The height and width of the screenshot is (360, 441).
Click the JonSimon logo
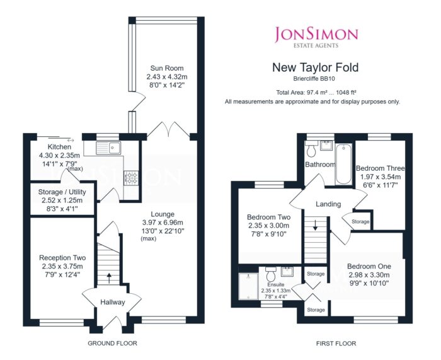pos(316,37)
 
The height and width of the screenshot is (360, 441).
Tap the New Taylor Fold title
pos(315,67)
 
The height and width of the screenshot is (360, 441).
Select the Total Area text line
pos(316,92)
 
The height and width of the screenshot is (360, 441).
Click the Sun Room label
pos(167,68)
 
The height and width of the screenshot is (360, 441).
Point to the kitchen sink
pos(108,148)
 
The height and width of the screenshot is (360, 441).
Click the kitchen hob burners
pos(131,178)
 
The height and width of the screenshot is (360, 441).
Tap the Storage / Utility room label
pos(62,192)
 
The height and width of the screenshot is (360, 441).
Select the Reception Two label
pos(62,258)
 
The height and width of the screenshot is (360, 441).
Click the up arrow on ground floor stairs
pos(109,278)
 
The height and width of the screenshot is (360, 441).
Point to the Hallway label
pos(113,302)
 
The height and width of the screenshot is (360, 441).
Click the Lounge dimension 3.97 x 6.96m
pos(163,223)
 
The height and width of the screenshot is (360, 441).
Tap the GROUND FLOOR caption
pos(113,344)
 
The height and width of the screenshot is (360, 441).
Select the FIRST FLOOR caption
pos(336,344)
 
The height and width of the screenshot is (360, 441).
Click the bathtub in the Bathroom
pos(343,164)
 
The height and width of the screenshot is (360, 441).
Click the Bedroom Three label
pos(381,168)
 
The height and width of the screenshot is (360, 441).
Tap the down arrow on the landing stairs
pos(315,226)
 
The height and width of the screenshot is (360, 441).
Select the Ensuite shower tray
pos(248,286)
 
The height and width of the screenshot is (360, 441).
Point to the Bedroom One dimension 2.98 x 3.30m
pos(369,275)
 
